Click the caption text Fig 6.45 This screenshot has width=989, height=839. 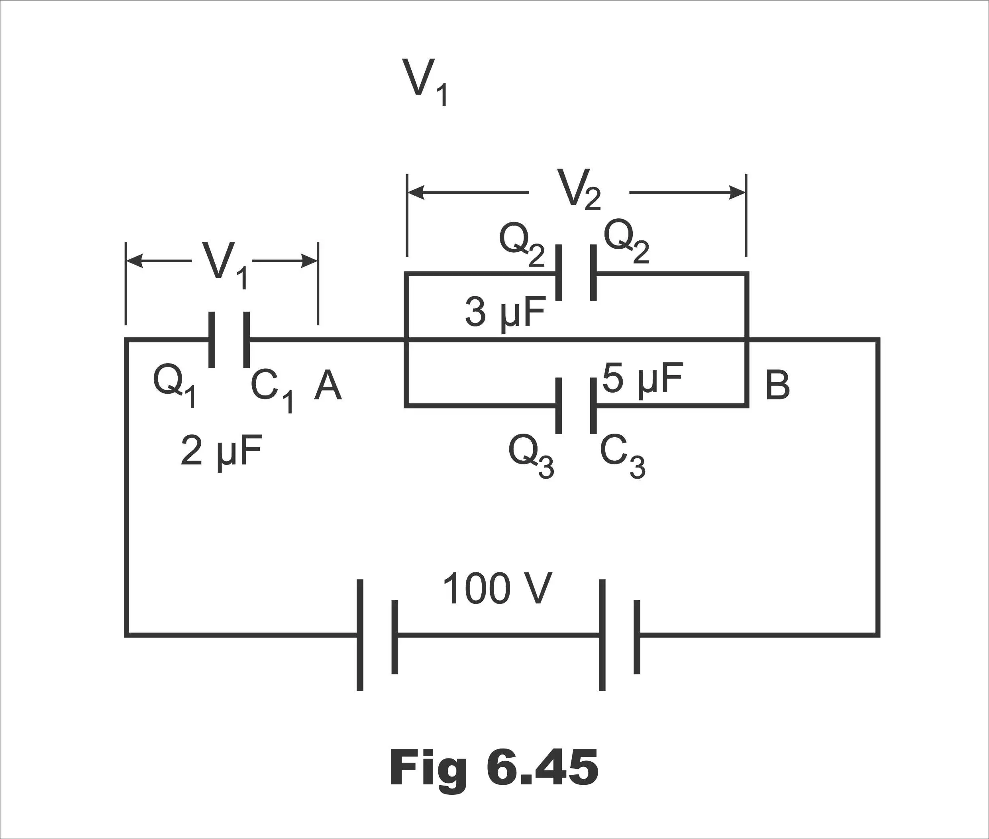(x=494, y=768)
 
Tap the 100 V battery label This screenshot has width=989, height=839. (x=497, y=588)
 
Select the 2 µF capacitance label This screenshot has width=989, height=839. (x=221, y=451)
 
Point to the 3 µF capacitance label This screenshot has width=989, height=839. (x=505, y=312)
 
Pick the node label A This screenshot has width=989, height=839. (x=328, y=385)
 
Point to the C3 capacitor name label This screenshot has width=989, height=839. (x=622, y=457)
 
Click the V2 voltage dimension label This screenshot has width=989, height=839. (x=579, y=189)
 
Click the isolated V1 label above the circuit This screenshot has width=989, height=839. (x=425, y=82)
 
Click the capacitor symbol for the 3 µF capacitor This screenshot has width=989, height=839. (x=576, y=273)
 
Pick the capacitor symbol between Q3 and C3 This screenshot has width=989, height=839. (x=576, y=405)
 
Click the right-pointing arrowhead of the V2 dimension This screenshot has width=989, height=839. (x=738, y=193)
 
